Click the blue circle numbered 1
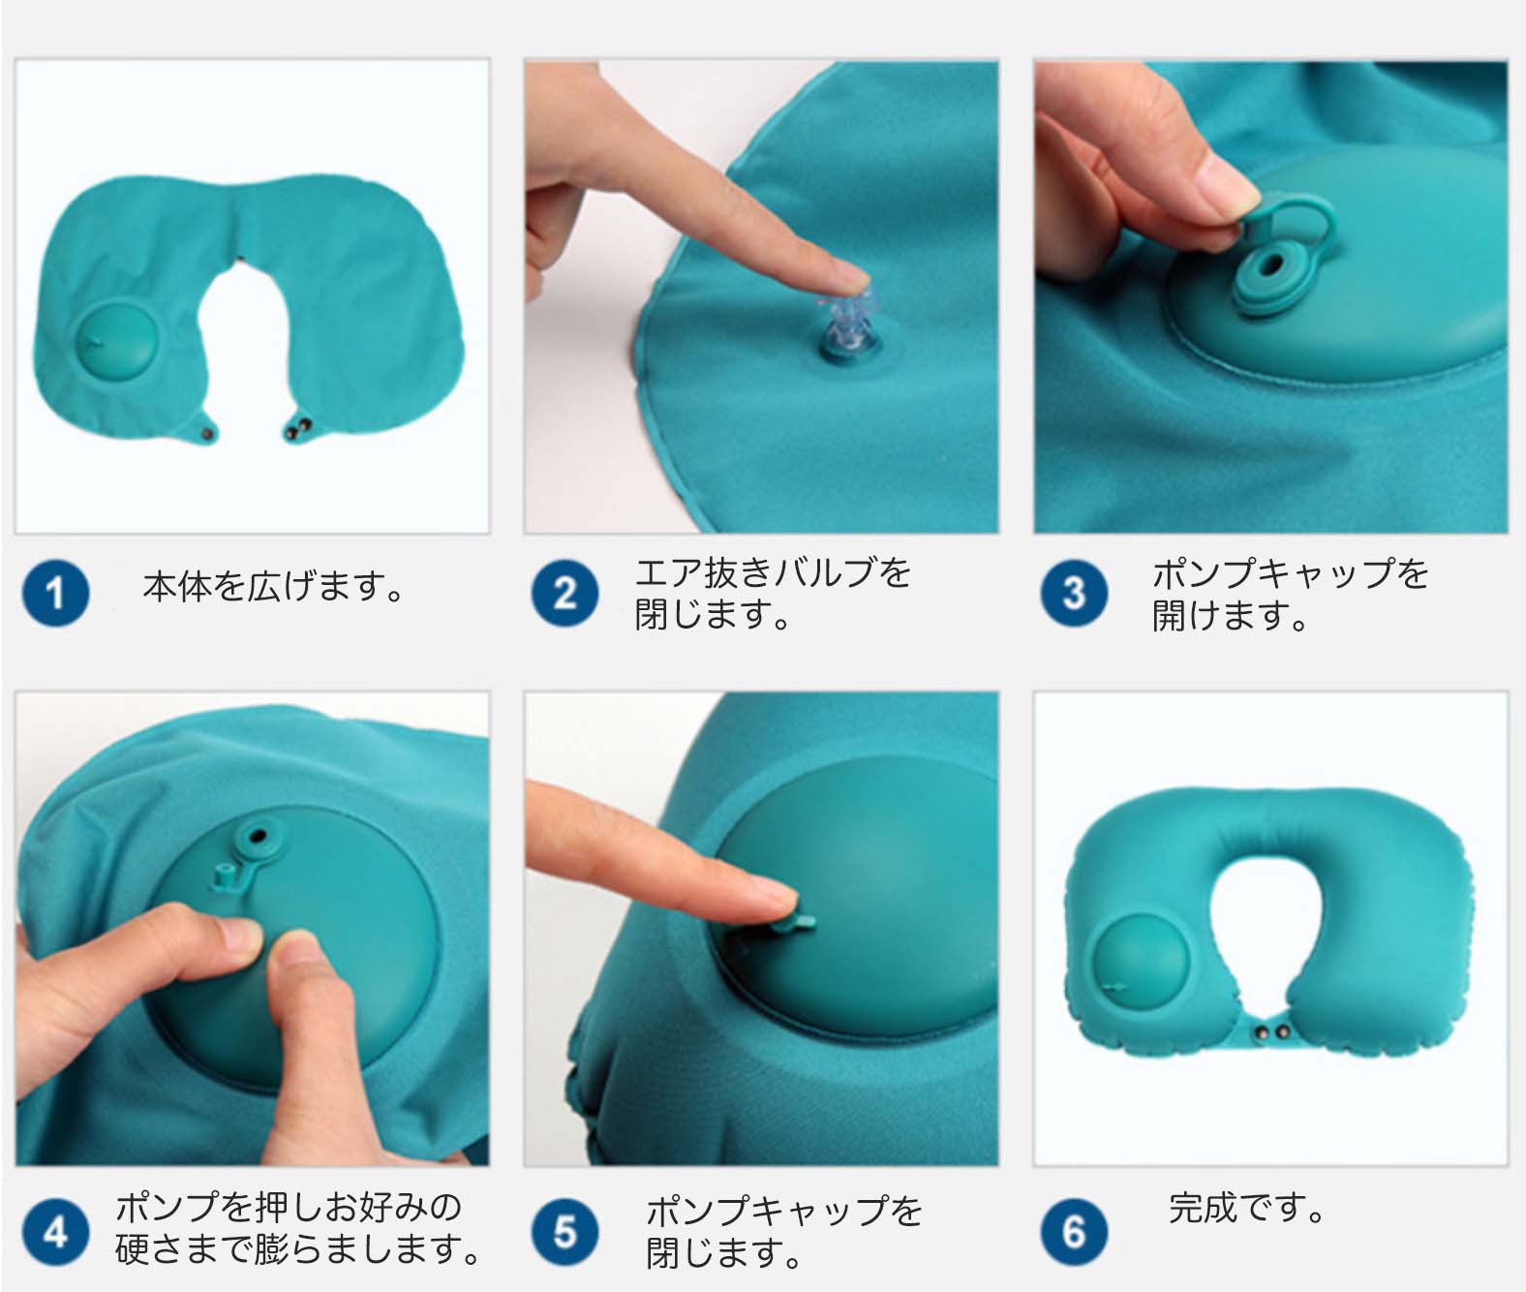pyautogui.click(x=56, y=593)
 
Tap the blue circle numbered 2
pyautogui.click(x=565, y=593)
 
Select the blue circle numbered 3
pyautogui.click(x=1074, y=593)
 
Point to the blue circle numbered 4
pyautogui.click(x=56, y=1232)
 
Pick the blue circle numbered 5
pyautogui.click(x=565, y=1232)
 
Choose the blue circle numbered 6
pyautogui.click(x=1074, y=1232)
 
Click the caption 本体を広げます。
pyautogui.click(x=273, y=587)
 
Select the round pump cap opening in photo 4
pyautogui.click(x=258, y=837)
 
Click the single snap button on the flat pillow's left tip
pyautogui.click(x=207, y=434)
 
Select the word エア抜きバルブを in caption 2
pyautogui.click(x=773, y=573)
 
